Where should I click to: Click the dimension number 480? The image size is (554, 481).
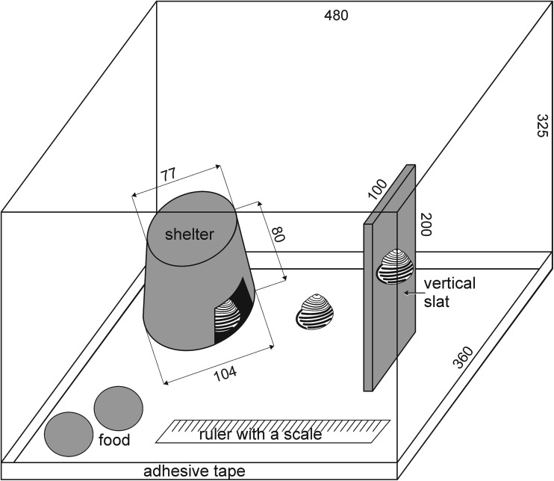[x=337, y=16]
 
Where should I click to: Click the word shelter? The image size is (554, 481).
[x=190, y=234]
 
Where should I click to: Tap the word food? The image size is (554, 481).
[x=114, y=440]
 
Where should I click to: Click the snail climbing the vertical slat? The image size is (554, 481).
[x=394, y=267]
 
